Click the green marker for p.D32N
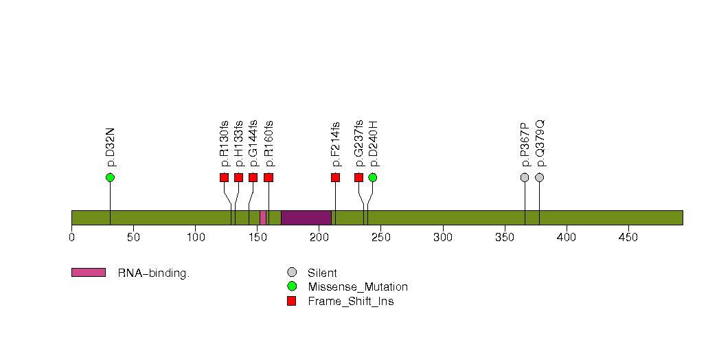(x=110, y=177)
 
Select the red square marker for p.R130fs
(x=225, y=177)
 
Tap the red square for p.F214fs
(x=336, y=177)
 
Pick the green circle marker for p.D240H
(x=373, y=177)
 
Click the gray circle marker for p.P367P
(x=525, y=177)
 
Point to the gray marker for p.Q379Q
(x=540, y=177)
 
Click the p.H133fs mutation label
(x=239, y=144)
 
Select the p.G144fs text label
(x=253, y=144)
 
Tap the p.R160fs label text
(x=269, y=144)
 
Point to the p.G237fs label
(x=359, y=144)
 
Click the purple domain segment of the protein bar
(x=306, y=218)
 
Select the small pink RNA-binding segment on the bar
(x=263, y=218)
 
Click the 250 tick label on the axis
(x=381, y=237)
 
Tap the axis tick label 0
(x=72, y=237)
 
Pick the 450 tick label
(x=628, y=237)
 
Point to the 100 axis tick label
(x=195, y=237)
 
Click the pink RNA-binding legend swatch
(x=89, y=273)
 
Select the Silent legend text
(x=322, y=273)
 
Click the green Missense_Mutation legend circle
(x=292, y=286)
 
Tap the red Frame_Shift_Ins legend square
(x=292, y=302)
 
